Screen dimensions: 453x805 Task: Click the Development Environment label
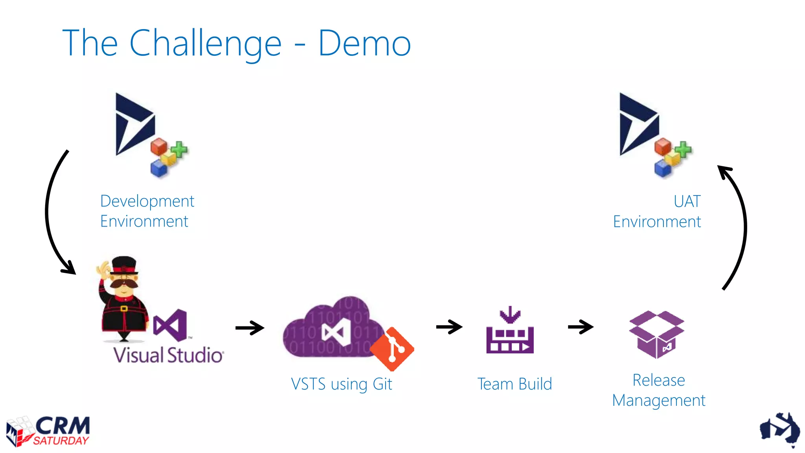(147, 211)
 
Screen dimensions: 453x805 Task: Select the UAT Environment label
(657, 212)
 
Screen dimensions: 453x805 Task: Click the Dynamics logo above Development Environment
(134, 124)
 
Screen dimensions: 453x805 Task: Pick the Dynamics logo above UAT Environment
(638, 124)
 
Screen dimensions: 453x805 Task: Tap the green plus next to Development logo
(179, 150)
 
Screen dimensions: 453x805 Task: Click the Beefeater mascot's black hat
(124, 265)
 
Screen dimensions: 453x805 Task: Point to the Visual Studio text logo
(168, 355)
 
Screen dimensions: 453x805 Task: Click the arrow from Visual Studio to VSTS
(250, 328)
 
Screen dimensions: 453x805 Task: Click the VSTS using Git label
(341, 384)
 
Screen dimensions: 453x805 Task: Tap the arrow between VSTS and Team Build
(449, 327)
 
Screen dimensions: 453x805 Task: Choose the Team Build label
(515, 384)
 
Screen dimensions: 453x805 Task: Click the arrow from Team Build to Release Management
(581, 327)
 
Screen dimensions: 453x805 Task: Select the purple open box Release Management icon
(656, 334)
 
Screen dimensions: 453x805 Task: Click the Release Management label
(659, 390)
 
